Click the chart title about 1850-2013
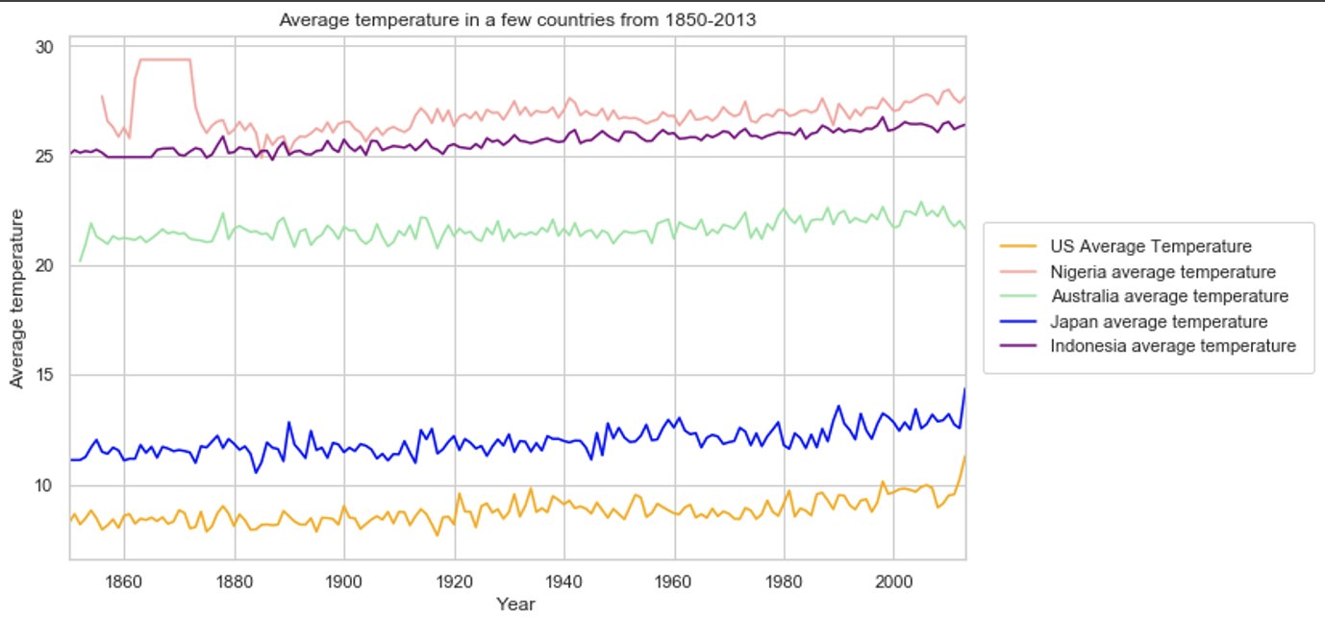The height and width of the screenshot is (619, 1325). pyautogui.click(x=517, y=19)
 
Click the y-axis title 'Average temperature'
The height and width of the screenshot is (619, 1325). pyautogui.click(x=17, y=302)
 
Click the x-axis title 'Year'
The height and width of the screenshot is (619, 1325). pyautogui.click(x=515, y=605)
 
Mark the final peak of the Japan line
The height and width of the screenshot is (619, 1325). pyautogui.click(x=964, y=389)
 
